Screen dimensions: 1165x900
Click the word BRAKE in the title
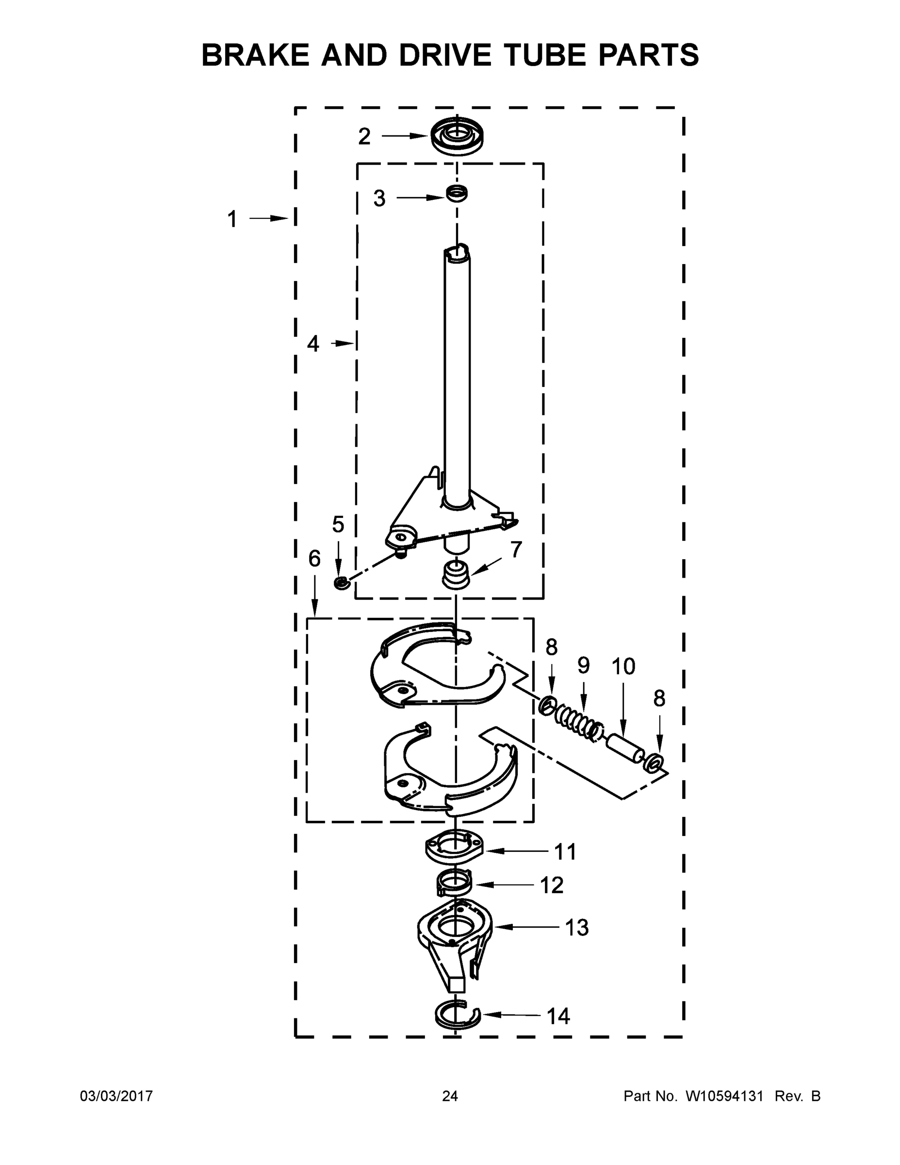[254, 55]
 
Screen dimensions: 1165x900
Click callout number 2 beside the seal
[364, 136]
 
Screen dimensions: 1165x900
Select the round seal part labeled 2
[458, 135]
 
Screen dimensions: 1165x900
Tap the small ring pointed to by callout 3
[457, 193]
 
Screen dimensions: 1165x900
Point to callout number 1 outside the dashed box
[232, 219]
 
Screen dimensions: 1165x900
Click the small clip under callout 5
[340, 583]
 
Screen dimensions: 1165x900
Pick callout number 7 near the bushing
[516, 549]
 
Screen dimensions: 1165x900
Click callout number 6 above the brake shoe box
[314, 559]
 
